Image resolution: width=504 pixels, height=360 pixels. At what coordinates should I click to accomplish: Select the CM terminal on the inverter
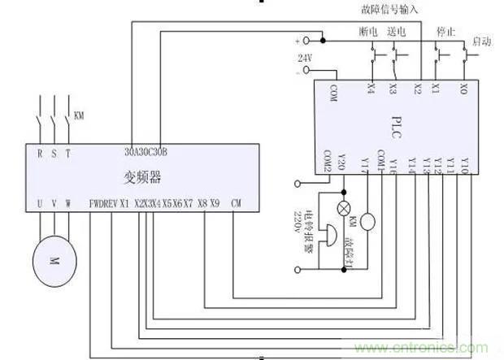(x=236, y=203)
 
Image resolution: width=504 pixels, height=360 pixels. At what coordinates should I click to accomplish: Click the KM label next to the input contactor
(x=79, y=115)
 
